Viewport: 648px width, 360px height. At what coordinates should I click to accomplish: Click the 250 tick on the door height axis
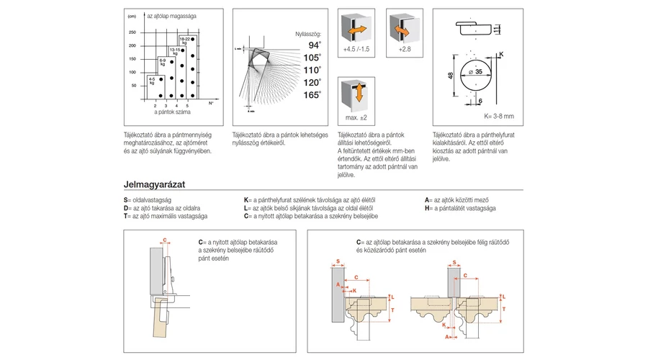(x=132, y=32)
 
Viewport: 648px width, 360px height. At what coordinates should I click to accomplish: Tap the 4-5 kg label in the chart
(x=153, y=80)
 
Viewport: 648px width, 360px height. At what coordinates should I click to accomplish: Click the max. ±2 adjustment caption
(x=356, y=117)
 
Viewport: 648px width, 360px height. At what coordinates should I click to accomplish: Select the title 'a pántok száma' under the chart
(x=171, y=112)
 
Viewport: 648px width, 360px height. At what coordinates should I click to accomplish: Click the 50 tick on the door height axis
(x=133, y=85)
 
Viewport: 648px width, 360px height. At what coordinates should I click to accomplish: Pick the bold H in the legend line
(x=428, y=207)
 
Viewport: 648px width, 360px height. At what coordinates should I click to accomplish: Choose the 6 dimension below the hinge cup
(x=480, y=102)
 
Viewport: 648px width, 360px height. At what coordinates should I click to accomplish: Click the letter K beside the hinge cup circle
(x=501, y=55)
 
